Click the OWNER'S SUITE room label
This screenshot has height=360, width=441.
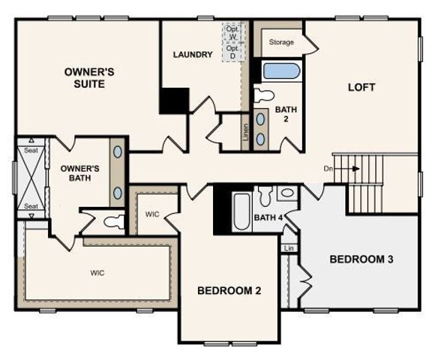coord(88,78)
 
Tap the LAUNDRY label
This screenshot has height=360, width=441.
coord(193,55)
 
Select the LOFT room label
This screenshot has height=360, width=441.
coord(361,87)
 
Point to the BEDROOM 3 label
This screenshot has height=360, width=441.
coord(361,259)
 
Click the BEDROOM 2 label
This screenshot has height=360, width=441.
coord(229,291)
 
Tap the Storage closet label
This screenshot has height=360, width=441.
coord(281,43)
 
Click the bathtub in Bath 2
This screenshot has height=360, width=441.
coord(282,71)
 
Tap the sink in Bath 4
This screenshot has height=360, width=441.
coord(286,194)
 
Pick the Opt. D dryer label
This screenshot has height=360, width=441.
coord(232,52)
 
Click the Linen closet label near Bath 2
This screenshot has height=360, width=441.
coord(245,132)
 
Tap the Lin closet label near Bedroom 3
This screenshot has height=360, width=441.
coord(288,248)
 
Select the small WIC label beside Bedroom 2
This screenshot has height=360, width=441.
coord(153,214)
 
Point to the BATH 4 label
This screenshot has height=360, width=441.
coord(267,218)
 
